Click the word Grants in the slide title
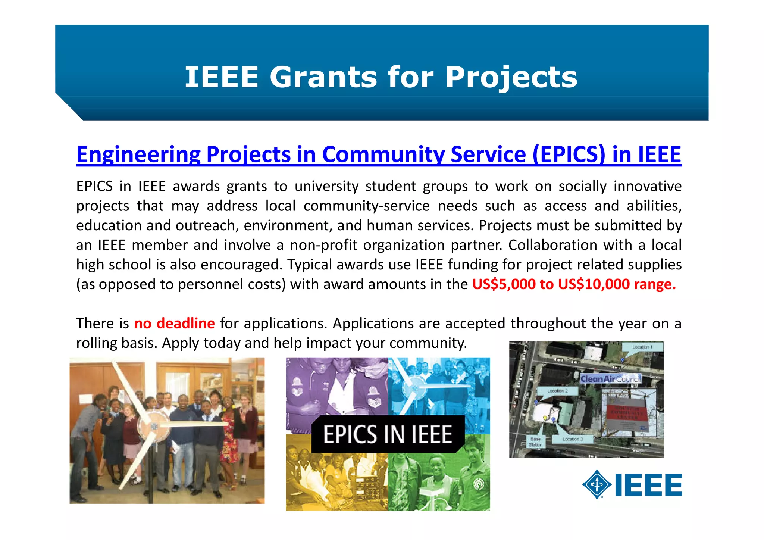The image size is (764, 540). coord(323,77)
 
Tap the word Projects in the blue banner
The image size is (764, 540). coord(511,77)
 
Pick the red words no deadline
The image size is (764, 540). coord(174,323)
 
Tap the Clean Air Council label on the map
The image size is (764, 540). coord(610,379)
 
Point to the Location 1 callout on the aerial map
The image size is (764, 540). coord(642,347)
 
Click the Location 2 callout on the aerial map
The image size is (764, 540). coord(557,391)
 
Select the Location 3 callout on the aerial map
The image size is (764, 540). coord(573,439)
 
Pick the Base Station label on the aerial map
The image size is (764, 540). coord(535,442)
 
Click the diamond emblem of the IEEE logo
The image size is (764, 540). coord(597,484)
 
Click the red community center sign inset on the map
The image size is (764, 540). coord(628,412)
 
